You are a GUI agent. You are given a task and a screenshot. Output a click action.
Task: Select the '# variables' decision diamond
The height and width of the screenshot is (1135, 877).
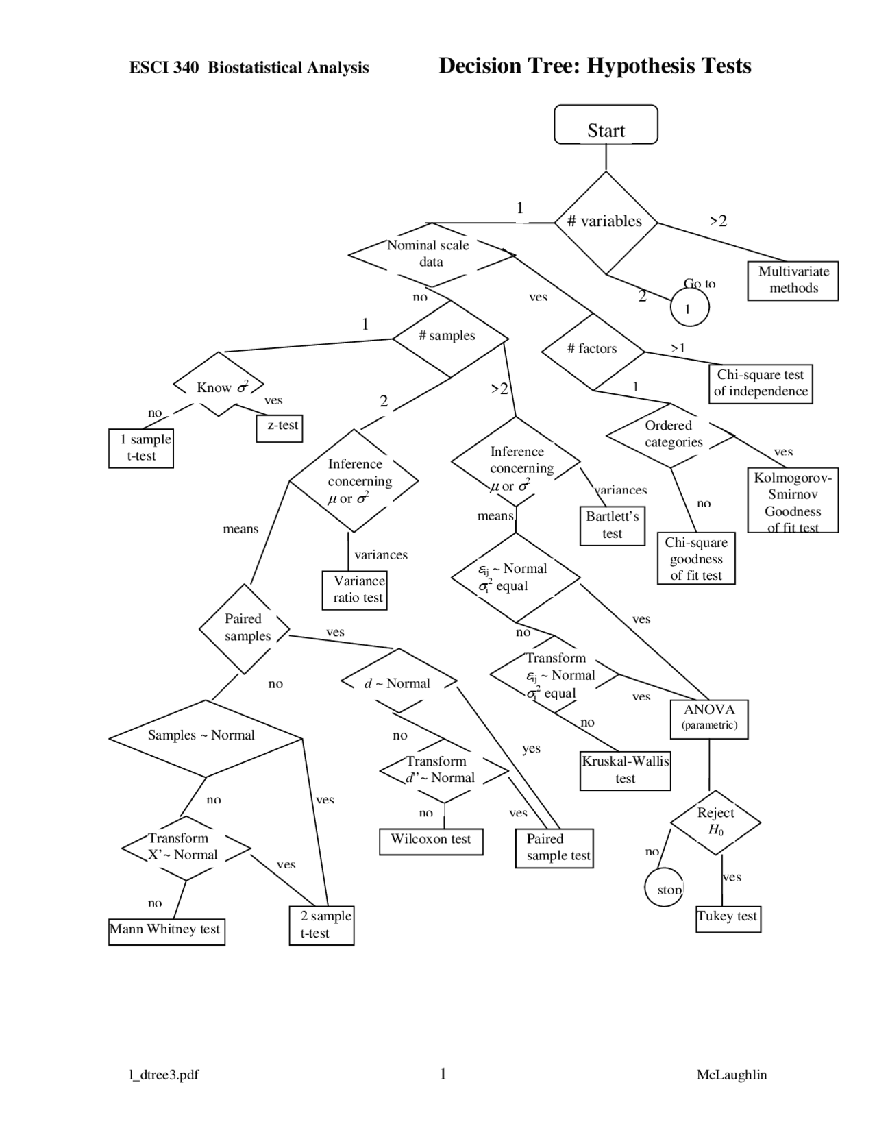[x=606, y=222]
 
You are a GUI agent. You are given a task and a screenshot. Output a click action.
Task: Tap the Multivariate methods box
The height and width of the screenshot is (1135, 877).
[x=793, y=280]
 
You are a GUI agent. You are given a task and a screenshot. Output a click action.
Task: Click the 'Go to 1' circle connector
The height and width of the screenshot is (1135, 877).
[x=689, y=307]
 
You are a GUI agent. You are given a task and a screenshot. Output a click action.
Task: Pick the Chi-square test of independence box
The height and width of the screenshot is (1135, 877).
[x=760, y=383]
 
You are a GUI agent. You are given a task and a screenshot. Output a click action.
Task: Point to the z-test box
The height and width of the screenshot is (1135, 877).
[x=280, y=427]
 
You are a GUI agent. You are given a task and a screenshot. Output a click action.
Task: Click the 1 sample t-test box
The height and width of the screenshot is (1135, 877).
[x=141, y=448]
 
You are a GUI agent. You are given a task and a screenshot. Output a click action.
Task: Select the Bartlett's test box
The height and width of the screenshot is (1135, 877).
[x=612, y=526]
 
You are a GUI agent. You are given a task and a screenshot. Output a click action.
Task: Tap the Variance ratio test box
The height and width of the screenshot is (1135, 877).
[x=355, y=589]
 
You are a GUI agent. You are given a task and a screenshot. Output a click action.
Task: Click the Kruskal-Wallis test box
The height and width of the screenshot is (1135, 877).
[x=625, y=770]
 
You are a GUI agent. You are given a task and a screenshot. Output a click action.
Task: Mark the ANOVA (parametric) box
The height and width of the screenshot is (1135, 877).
[x=709, y=718]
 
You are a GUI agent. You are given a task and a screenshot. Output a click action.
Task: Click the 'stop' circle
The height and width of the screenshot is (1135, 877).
[x=665, y=888]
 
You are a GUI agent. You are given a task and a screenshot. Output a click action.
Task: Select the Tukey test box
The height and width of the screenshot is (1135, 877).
[x=728, y=918]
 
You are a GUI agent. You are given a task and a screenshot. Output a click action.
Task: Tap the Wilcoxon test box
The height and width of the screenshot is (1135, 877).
[x=431, y=840]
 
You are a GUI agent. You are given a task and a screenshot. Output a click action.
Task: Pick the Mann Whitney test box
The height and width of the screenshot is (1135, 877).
[x=166, y=931]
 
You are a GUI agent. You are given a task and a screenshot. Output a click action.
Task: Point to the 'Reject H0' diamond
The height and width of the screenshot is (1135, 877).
[x=715, y=821]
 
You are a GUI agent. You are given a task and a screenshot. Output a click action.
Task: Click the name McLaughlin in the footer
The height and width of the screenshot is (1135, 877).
[x=731, y=1075]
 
